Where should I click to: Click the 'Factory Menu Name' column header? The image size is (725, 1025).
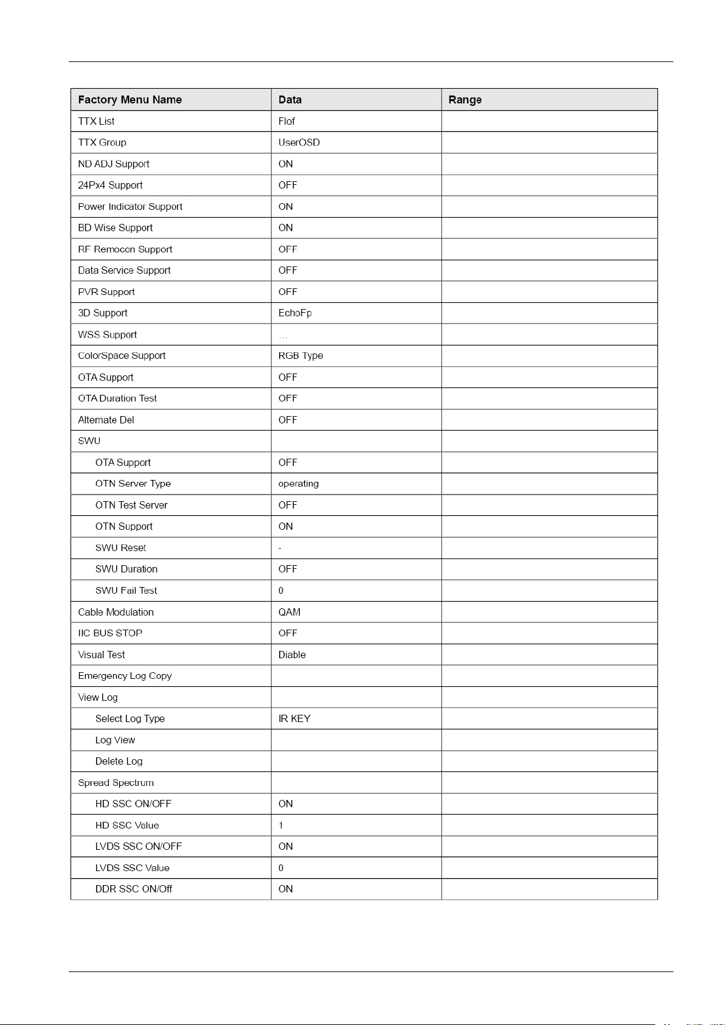(x=130, y=100)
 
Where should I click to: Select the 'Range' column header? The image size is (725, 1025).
(x=465, y=100)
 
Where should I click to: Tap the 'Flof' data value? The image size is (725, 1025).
(x=286, y=121)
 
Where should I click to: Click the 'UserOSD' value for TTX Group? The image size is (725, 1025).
(x=299, y=142)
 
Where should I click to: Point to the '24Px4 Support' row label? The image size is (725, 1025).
(x=110, y=185)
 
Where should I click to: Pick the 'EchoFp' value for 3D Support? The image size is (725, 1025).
(x=295, y=313)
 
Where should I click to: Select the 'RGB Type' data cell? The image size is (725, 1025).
(x=300, y=355)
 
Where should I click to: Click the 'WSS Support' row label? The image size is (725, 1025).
(x=107, y=335)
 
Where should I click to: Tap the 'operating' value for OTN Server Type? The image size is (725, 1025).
(x=298, y=484)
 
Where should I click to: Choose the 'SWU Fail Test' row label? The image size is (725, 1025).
(x=126, y=590)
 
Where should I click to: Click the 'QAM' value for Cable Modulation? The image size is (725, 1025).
(x=290, y=612)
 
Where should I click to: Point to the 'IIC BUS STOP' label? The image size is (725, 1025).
(x=110, y=633)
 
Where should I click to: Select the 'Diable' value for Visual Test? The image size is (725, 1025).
(x=292, y=655)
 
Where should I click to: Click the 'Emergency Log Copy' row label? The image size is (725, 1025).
(x=125, y=676)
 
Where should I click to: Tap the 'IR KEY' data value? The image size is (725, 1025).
(x=294, y=718)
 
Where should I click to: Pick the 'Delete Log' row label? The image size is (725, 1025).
(x=119, y=761)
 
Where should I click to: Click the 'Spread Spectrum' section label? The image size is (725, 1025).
(x=116, y=783)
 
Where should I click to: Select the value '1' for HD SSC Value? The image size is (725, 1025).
(x=281, y=825)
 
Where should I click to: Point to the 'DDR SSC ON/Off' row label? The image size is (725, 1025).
(x=133, y=889)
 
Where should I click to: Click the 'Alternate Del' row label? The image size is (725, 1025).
(x=106, y=420)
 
